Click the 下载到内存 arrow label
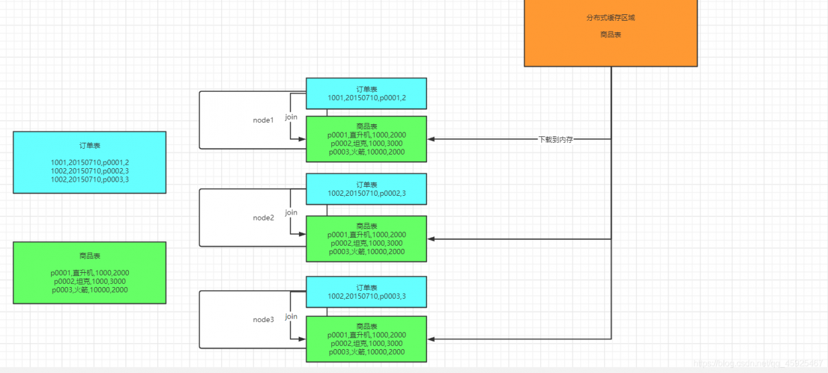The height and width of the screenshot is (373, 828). coord(556,139)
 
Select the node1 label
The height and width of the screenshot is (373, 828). coord(263,120)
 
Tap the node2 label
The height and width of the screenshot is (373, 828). coord(263,218)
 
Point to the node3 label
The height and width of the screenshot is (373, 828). coord(263,319)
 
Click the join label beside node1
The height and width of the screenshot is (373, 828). coord(291,117)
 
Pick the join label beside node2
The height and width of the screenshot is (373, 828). coord(291,212)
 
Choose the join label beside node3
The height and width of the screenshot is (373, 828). coord(291,316)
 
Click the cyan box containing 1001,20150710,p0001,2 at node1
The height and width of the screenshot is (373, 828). coord(366,93)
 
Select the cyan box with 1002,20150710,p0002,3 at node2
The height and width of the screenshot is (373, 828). coord(366,189)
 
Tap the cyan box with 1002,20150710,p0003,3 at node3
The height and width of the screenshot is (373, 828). coord(366,292)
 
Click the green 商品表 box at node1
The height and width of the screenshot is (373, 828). coord(366,139)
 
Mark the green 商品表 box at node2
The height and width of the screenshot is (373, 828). coord(366,239)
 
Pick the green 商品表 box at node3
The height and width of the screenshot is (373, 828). coord(366,339)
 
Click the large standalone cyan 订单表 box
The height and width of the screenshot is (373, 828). coord(89,162)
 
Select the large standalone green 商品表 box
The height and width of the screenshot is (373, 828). coord(89,273)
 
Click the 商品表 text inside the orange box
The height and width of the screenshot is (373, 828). coord(610,35)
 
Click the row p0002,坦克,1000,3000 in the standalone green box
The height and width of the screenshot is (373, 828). coord(90,281)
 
